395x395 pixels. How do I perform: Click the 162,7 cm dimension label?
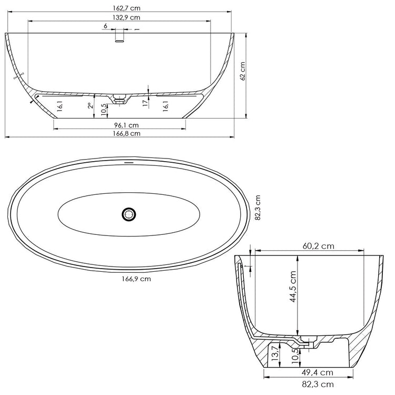click(126, 8)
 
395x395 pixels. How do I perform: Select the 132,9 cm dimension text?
click(126, 17)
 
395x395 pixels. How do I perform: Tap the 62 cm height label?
click(243, 71)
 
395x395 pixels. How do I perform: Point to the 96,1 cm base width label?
click(126, 125)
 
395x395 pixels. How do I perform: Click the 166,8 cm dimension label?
click(126, 133)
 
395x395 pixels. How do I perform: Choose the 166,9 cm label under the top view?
click(136, 279)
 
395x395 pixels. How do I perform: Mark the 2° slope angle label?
click(90, 105)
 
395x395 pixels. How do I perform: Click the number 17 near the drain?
click(145, 103)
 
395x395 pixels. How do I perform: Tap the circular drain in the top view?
click(129, 214)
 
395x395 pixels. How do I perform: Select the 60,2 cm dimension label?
click(319, 246)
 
